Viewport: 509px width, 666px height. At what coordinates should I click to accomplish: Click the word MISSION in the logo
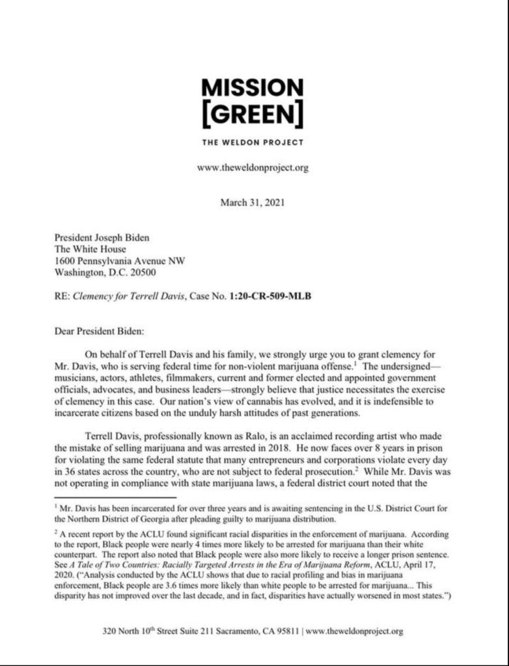coord(253,87)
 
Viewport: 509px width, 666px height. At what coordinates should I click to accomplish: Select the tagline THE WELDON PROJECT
coord(253,142)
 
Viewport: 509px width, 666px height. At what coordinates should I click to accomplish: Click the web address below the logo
coord(253,168)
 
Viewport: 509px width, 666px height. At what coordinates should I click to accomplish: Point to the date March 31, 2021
coord(253,202)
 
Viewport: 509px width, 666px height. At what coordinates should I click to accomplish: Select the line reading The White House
coord(90,249)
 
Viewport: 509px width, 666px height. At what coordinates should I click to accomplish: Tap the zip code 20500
coord(143,273)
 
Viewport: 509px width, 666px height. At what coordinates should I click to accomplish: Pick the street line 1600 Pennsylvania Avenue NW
coord(119,261)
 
